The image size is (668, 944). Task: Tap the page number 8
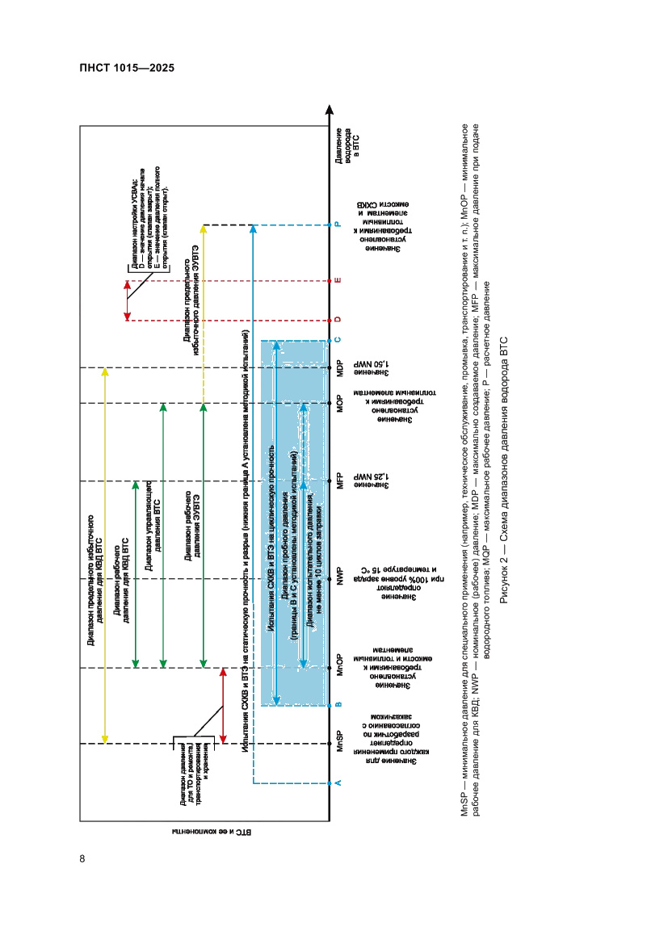(x=82, y=858)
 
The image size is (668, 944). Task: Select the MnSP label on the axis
(x=340, y=742)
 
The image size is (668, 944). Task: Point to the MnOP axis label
(x=340, y=668)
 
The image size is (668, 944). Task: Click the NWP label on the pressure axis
(x=340, y=578)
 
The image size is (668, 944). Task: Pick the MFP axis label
(x=340, y=481)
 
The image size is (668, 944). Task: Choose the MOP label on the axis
(x=340, y=403)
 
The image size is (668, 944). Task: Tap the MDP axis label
(x=340, y=368)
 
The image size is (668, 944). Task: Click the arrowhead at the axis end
(x=330, y=109)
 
